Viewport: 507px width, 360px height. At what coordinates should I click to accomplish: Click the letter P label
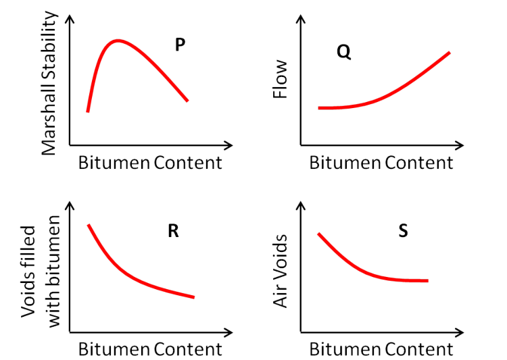[180, 45]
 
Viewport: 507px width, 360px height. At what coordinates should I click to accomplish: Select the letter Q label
[343, 52]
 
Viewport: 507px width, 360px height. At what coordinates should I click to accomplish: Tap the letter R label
[173, 231]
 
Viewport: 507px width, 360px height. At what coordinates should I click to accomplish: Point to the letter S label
[403, 231]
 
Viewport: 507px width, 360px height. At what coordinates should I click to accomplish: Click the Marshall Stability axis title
[49, 82]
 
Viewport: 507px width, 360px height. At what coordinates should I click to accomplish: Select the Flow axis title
[280, 79]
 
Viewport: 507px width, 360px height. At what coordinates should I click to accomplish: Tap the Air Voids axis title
[280, 271]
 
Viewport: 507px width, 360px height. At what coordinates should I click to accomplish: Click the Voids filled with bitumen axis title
[41, 272]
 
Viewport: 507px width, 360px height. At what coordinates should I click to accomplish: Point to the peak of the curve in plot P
[118, 41]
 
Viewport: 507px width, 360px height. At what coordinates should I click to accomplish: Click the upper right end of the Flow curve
[449, 53]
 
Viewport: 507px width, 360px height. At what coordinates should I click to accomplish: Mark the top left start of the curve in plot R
[89, 225]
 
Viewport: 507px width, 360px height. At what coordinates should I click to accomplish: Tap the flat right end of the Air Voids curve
[427, 281]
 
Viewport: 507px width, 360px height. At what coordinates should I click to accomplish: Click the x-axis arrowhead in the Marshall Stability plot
[229, 145]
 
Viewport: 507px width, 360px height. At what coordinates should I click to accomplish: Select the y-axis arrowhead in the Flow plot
[301, 19]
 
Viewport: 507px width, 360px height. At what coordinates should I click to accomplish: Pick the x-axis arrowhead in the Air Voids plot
[460, 332]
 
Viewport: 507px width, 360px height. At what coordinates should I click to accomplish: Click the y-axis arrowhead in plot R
[70, 205]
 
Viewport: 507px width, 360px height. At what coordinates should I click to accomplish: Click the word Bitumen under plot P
[114, 163]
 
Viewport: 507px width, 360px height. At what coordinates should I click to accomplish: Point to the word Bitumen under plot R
[114, 349]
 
